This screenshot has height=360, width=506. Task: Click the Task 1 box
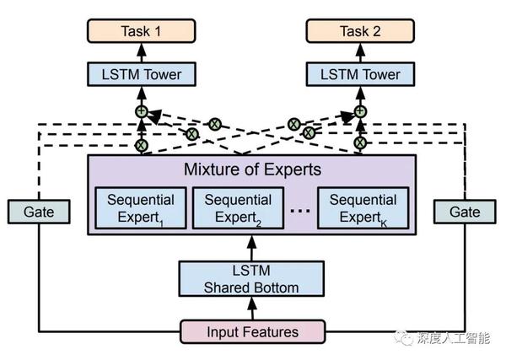click(x=142, y=33)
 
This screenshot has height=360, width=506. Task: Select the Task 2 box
click(x=361, y=33)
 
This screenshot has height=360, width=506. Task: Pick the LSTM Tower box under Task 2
click(x=361, y=75)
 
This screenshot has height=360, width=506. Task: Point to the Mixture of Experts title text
click(x=252, y=169)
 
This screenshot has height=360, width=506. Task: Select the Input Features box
click(x=252, y=331)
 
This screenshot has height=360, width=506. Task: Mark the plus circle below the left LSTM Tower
click(x=142, y=111)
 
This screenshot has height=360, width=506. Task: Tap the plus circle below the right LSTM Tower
click(x=361, y=111)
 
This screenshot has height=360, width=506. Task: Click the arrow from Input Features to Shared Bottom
click(x=251, y=308)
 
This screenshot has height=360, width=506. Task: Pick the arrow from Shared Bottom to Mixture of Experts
click(x=251, y=249)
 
